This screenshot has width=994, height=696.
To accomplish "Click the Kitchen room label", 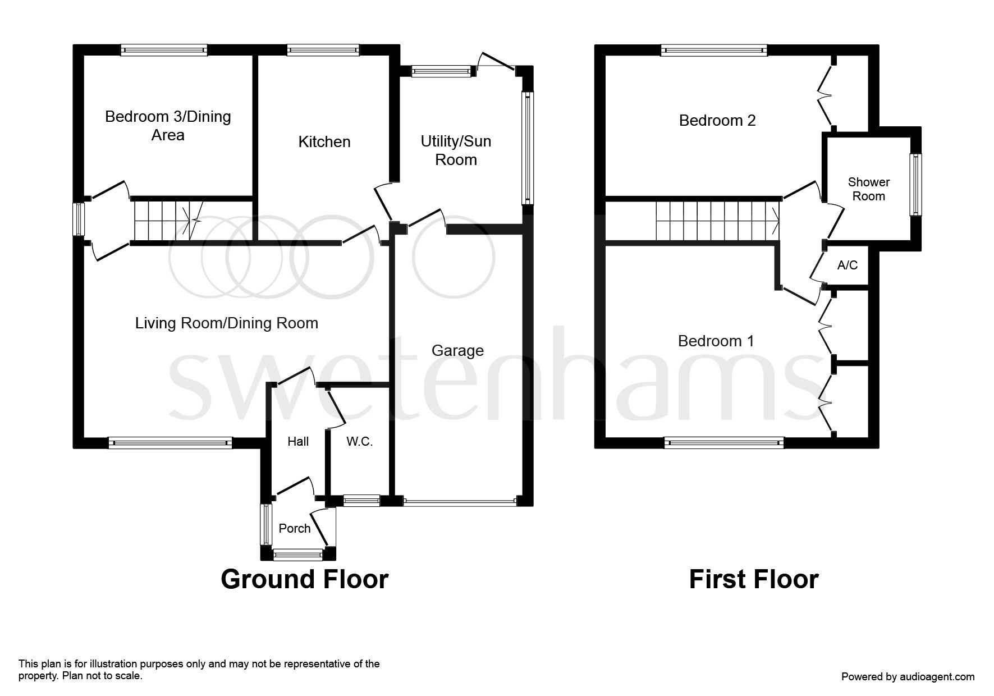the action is point(324,141).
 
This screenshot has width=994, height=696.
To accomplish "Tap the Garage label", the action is point(457,351).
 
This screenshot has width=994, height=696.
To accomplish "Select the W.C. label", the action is point(359,442).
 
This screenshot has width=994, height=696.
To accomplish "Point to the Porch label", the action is point(295,528).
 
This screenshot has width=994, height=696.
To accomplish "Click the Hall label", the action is point(298,442).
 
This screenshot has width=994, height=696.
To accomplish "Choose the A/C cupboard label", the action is point(848,265).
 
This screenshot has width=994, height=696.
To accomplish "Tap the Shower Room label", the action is point(868,189).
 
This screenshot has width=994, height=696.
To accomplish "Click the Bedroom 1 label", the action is point(716,341).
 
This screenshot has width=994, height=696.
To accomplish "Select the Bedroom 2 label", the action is point(717,120).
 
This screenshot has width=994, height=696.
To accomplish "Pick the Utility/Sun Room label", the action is point(456,150).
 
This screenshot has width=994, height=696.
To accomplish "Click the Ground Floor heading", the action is point(304,579).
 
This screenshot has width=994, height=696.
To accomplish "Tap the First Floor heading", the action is point(753,579).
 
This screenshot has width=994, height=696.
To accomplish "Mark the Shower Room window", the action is point(915,185).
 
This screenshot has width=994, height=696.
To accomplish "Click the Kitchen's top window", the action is point(323,51).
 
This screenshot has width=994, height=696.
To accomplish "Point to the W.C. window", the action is point(361,500).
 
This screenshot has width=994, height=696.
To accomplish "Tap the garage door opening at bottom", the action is point(460,502).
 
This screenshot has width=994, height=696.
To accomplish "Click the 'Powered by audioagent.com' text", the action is point(908,677).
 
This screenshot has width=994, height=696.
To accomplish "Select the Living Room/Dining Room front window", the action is point(170,443).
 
